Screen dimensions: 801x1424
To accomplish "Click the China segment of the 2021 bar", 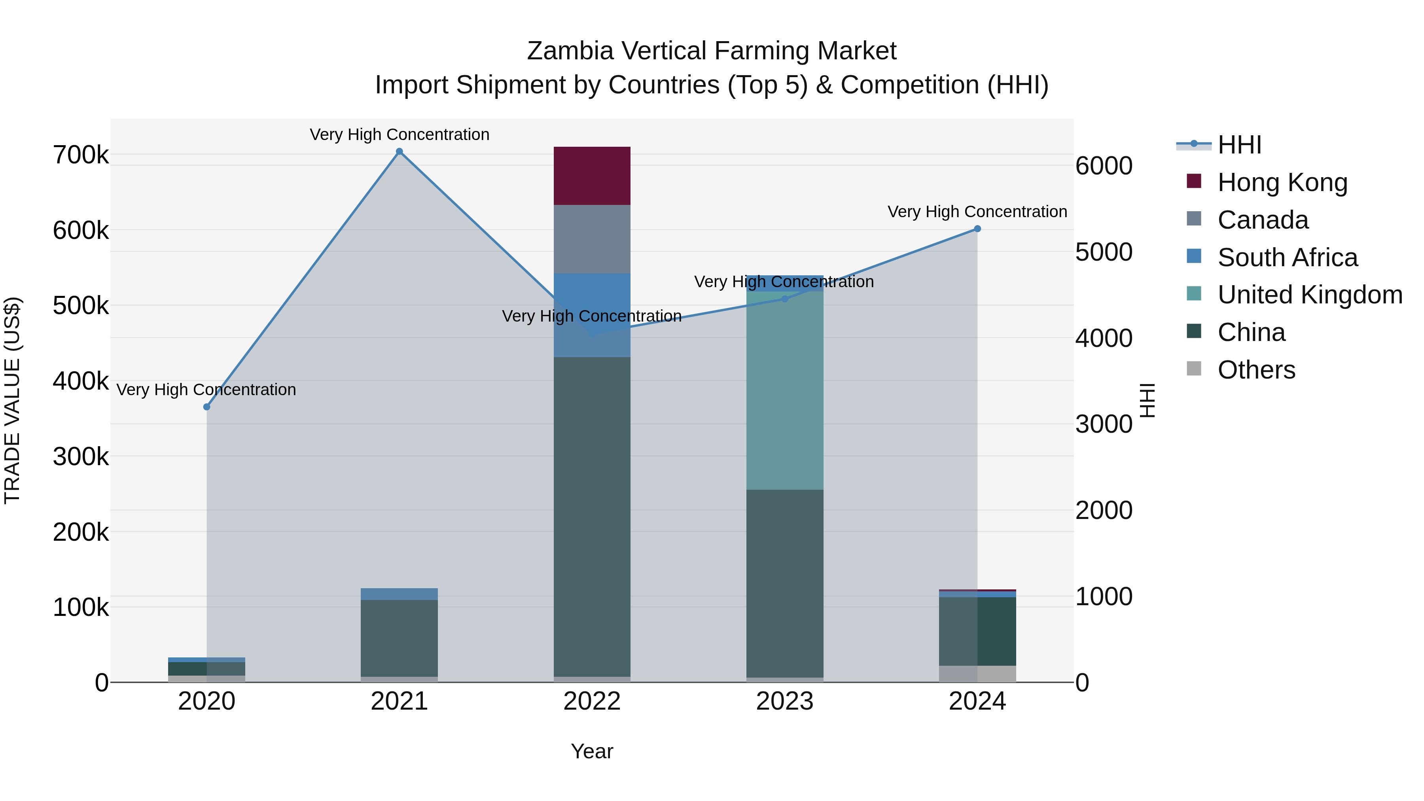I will pyautogui.click(x=399, y=638).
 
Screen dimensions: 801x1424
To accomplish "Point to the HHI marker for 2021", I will pyautogui.click(x=399, y=151).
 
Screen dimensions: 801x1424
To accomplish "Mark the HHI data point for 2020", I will pyautogui.click(x=207, y=407).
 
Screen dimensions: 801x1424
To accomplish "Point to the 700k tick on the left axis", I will pyautogui.click(x=81, y=155).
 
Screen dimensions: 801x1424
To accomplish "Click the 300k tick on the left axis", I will pyautogui.click(x=81, y=457).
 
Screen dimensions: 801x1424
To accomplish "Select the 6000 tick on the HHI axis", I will pyautogui.click(x=1103, y=166).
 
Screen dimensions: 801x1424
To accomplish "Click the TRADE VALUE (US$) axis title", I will pyautogui.click(x=12, y=400).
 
